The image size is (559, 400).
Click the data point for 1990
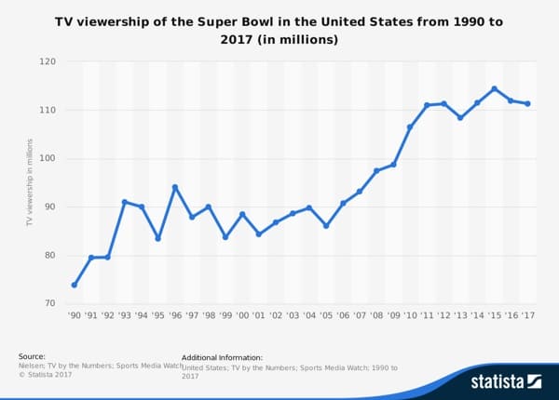coord(74,285)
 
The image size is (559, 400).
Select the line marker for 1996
coord(174,187)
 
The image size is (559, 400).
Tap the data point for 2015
coord(494,89)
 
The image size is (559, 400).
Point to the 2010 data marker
coord(410,127)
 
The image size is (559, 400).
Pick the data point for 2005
coord(326,226)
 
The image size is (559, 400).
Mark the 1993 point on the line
coord(124,202)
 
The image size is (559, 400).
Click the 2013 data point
coord(460,118)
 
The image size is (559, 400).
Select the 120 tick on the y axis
coord(47,61)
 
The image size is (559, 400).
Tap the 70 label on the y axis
coord(49,303)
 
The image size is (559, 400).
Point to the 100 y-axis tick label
coord(47,158)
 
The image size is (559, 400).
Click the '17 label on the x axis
coord(527,316)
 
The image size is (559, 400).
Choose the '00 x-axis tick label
coord(242,316)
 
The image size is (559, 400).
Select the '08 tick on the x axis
coord(376,316)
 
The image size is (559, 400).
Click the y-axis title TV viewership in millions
coord(30,182)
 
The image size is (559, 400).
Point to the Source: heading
coord(32,356)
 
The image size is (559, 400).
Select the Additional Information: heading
coord(222,357)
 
